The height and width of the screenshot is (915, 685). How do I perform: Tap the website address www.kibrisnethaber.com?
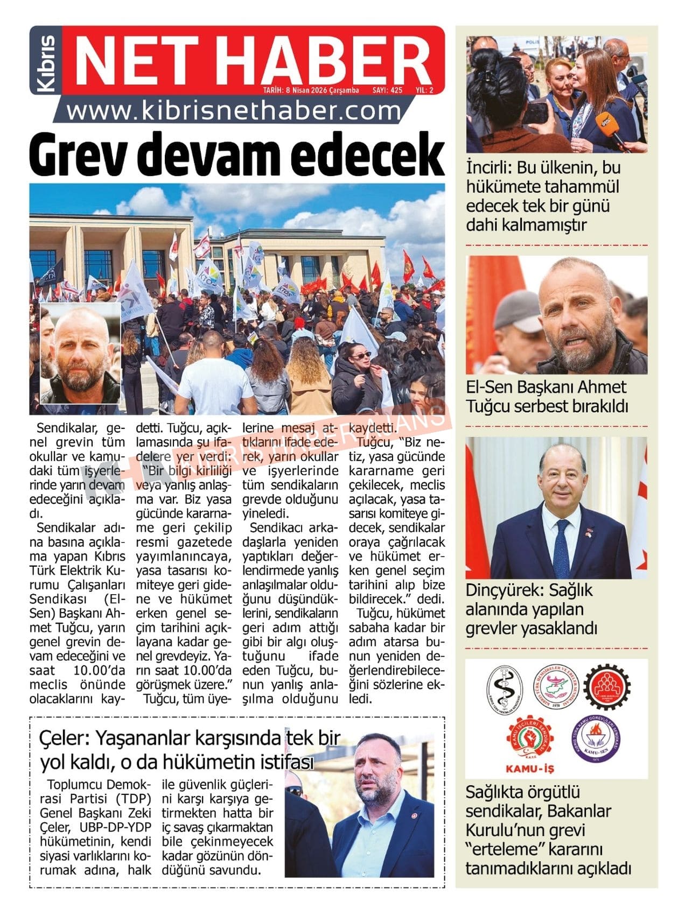tap(234, 111)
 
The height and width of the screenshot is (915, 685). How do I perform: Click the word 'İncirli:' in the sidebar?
tap(488, 167)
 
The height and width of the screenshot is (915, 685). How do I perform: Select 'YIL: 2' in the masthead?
tap(424, 90)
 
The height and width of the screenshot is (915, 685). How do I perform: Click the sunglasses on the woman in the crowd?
tap(361, 355)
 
